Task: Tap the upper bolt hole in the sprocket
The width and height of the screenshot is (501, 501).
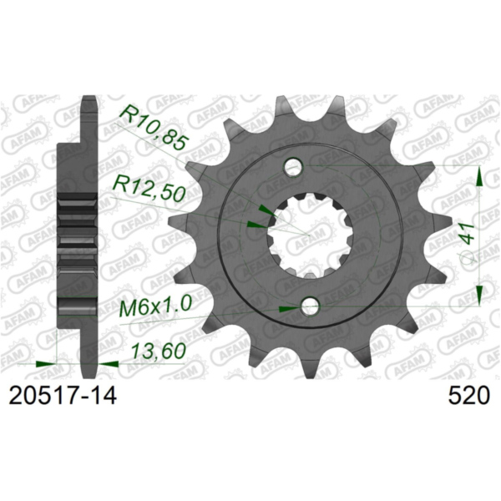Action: (292, 168)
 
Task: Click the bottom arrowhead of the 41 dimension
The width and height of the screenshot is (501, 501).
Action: (479, 296)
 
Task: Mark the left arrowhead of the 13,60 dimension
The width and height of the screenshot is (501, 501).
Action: (48, 364)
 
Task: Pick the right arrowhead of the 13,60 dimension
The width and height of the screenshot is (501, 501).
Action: (108, 364)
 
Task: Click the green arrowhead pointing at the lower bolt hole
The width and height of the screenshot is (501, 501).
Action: (287, 309)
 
